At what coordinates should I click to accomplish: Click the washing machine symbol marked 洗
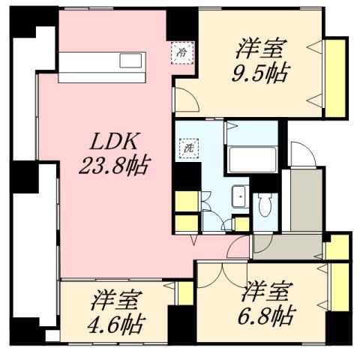pyautogui.click(x=186, y=148)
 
